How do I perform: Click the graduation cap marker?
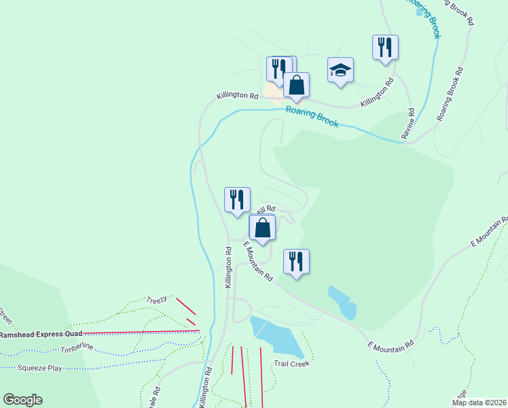click(x=340, y=71)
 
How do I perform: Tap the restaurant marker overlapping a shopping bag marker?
click(x=278, y=69)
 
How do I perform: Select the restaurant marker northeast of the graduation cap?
click(x=385, y=48)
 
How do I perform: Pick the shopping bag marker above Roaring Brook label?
click(x=296, y=86)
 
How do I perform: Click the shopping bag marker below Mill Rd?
click(x=263, y=227)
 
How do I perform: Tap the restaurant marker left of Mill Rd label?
click(x=237, y=200)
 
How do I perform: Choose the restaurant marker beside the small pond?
click(x=296, y=262)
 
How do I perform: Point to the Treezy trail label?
click(x=156, y=299)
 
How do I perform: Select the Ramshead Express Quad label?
click(x=41, y=334)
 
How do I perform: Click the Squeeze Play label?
click(x=40, y=369)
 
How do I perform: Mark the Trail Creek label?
click(x=292, y=364)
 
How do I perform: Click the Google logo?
click(x=22, y=400)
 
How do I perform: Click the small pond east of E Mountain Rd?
click(x=342, y=303)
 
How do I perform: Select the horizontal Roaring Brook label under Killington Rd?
click(x=312, y=116)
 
